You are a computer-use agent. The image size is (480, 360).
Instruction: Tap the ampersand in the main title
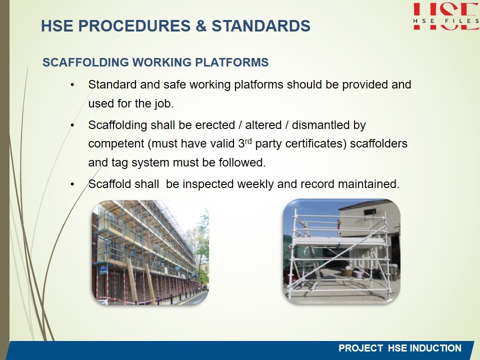pos(201,25)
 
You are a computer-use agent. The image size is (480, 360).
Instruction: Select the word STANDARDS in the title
pos(261,25)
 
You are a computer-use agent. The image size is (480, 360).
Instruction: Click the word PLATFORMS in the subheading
pos(231,62)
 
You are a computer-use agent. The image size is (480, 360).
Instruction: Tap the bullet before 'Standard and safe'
pos(72,85)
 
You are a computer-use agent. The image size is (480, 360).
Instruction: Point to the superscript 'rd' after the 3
pos(248,141)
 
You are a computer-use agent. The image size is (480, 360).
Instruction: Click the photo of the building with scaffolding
pos(150,252)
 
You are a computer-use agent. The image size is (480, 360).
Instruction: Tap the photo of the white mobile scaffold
pos(341,251)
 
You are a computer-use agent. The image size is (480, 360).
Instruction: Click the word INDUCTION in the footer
pos(435,348)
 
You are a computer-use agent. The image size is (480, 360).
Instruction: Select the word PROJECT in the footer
pos(360,348)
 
